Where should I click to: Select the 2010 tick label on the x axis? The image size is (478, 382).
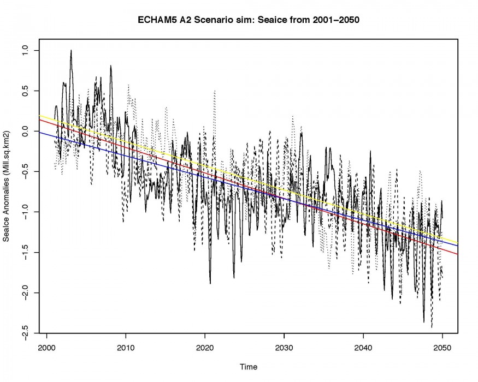(126, 346)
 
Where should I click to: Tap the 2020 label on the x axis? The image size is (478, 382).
(205, 346)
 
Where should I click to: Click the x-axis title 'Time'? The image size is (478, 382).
(249, 367)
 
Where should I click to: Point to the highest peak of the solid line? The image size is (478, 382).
(71, 50)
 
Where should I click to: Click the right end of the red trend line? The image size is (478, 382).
(457, 254)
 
